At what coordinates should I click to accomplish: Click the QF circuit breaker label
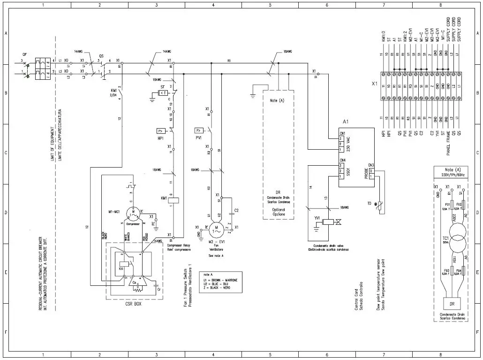pyautogui.click(x=25, y=54)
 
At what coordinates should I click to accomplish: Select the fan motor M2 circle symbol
pyautogui.click(x=217, y=230)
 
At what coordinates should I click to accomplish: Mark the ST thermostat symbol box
pyautogui.click(x=163, y=93)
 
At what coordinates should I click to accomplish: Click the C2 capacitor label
pyautogui.click(x=236, y=210)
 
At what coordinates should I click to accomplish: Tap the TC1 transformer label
pyautogui.click(x=446, y=238)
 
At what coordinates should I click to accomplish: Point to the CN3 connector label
pyautogui.click(x=371, y=165)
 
